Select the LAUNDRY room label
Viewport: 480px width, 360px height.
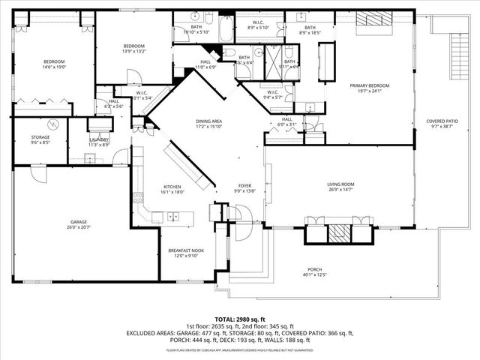tap(99, 139)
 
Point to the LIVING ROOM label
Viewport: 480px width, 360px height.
tap(340, 184)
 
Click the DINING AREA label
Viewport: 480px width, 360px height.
tap(187, 121)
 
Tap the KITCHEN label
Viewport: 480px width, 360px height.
tap(172, 187)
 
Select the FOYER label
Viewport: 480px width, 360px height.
tap(244, 185)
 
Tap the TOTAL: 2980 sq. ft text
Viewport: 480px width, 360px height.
tap(239, 319)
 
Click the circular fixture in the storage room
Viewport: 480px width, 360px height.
tap(52, 124)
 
